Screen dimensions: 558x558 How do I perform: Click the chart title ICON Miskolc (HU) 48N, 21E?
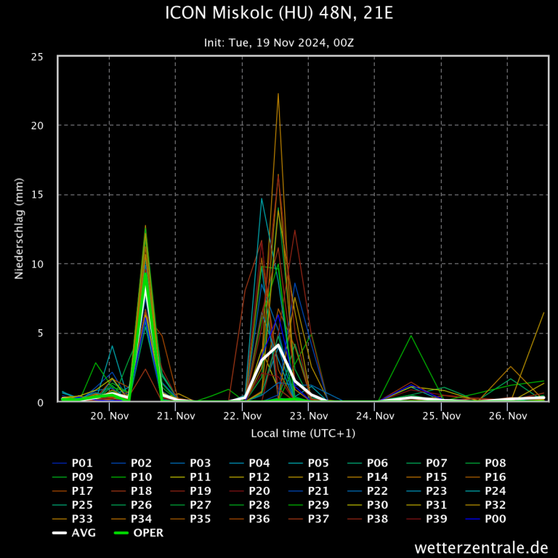pyautogui.click(x=279, y=14)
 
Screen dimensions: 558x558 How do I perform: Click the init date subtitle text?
pyautogui.click(x=279, y=43)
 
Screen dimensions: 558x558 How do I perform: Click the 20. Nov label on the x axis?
pyautogui.click(x=110, y=416)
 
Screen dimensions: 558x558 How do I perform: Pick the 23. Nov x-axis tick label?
pyautogui.click(x=309, y=416)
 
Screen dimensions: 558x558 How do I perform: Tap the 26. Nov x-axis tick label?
pyautogui.click(x=508, y=416)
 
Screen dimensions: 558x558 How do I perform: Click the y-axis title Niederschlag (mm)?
pyautogui.click(x=19, y=230)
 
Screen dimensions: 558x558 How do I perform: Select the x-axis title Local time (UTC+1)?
pyautogui.click(x=303, y=433)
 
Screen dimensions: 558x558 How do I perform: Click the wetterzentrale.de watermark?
pyautogui.click(x=481, y=547)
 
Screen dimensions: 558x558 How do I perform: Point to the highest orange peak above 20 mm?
pyautogui.click(x=278, y=94)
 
